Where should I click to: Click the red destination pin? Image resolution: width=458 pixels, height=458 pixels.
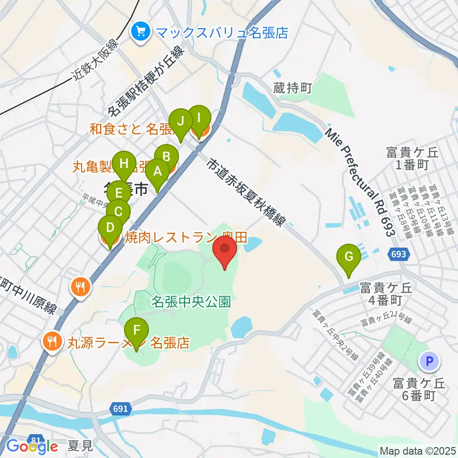point(226,251)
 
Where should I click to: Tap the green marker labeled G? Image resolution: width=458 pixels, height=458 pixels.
point(349,258)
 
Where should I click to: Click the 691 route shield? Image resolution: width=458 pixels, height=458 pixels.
point(121,408)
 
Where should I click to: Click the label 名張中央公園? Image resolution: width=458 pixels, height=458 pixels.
point(191,302)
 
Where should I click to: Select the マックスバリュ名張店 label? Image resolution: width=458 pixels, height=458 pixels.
point(222,32)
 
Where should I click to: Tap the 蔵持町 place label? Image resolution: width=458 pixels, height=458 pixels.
point(292,88)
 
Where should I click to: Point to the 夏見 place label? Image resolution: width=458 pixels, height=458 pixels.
point(80,448)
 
